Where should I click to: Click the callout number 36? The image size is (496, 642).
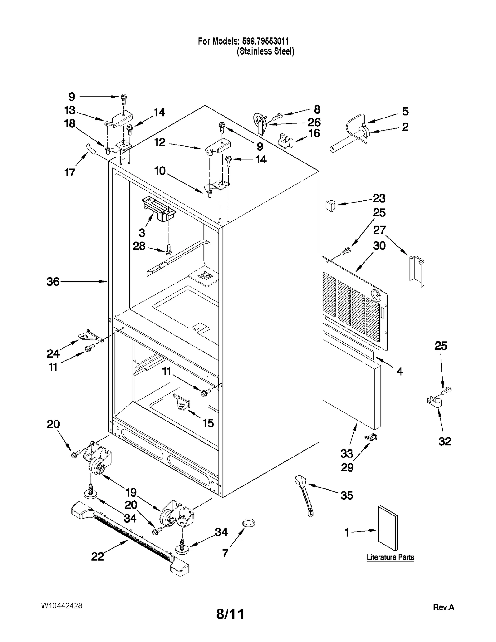[x=53, y=282]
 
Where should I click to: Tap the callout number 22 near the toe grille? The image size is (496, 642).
[x=97, y=557]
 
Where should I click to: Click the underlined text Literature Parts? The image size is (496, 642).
[x=390, y=557]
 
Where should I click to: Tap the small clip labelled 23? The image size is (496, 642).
[x=330, y=205]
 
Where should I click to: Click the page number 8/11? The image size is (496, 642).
[x=230, y=614]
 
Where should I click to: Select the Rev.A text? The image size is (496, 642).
[x=443, y=607]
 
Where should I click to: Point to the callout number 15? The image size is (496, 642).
[x=208, y=423]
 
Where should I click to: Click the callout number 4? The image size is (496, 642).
[x=400, y=371]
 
